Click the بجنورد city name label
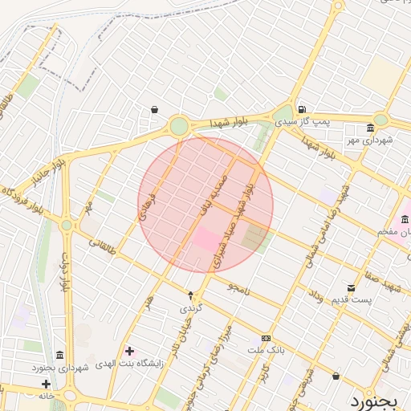376,399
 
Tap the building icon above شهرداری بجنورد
60,356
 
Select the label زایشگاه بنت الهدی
129,364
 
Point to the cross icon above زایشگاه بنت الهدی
129,351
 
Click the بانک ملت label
266,351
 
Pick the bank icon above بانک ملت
266,339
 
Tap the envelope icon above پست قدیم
351,288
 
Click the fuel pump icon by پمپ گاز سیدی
301,109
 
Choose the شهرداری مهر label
369,140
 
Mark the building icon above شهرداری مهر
369,128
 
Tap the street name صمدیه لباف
211,197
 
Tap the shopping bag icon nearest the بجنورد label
336,376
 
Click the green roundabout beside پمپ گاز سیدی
284,114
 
